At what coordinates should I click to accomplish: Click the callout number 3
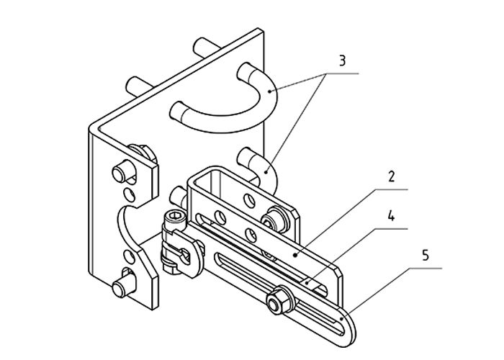click(x=342, y=60)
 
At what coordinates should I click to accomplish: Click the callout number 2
click(x=391, y=177)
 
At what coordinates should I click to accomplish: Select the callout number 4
click(x=391, y=216)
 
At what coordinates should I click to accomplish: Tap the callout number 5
click(x=426, y=256)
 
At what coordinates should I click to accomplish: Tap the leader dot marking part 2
click(x=295, y=255)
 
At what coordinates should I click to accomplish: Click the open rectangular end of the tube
click(x=207, y=181)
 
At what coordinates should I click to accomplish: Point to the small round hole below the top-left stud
click(x=129, y=194)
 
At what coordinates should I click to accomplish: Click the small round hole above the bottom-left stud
click(x=129, y=256)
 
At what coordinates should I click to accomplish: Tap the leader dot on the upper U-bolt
click(x=270, y=91)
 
